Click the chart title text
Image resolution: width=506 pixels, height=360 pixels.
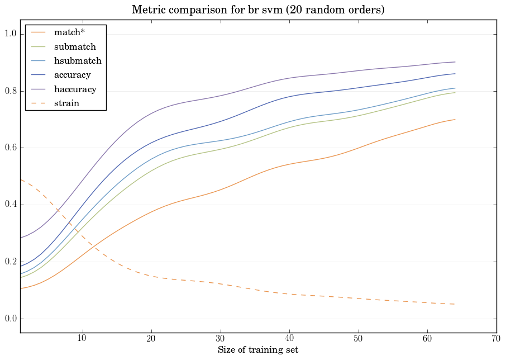tap(258, 10)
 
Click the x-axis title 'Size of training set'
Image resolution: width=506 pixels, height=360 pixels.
tap(258, 350)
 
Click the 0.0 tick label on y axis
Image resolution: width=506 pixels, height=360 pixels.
tap(10, 319)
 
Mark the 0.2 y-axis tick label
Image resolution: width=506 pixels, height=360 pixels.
tap(10, 262)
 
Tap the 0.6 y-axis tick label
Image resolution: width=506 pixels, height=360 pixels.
tap(10, 148)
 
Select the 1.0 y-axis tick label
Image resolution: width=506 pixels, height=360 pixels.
tap(10, 35)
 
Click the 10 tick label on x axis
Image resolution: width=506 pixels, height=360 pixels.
tap(82, 339)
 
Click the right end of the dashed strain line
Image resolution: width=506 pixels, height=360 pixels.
tap(455, 304)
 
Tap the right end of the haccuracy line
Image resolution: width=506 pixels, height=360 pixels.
tap(455, 62)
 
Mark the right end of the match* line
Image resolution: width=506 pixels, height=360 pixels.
tap(455, 120)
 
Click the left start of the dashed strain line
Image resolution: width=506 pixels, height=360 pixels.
tap(20, 179)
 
